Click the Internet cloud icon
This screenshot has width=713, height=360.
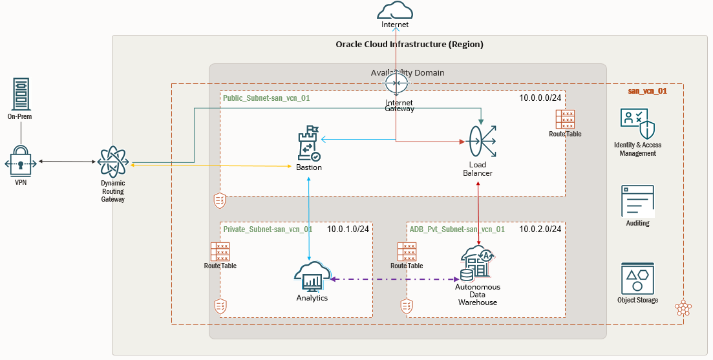pyautogui.click(x=395, y=11)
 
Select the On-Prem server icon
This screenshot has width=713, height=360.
pyautogui.click(x=20, y=94)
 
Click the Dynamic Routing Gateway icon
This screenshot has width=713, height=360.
pyautogui.click(x=112, y=162)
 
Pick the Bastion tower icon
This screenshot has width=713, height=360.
pyautogui.click(x=308, y=143)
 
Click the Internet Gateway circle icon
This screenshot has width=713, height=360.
pyautogui.click(x=395, y=84)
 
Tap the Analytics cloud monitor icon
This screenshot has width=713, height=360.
pyautogui.click(x=312, y=277)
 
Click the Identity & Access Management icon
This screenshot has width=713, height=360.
pyautogui.click(x=637, y=123)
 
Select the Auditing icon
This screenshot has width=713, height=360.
pyautogui.click(x=637, y=201)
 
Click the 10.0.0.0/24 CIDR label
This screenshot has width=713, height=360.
pyautogui.click(x=541, y=98)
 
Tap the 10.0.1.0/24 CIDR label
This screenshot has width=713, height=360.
pyautogui.click(x=348, y=229)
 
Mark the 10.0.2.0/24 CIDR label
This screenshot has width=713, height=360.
pyautogui.click(x=540, y=229)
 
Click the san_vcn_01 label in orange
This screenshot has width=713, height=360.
pyautogui.click(x=647, y=91)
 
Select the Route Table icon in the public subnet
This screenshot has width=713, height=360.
pyautogui.click(x=565, y=120)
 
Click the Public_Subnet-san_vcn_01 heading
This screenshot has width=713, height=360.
pyautogui.click(x=266, y=98)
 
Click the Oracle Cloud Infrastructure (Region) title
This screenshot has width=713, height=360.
pyautogui.click(x=409, y=45)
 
